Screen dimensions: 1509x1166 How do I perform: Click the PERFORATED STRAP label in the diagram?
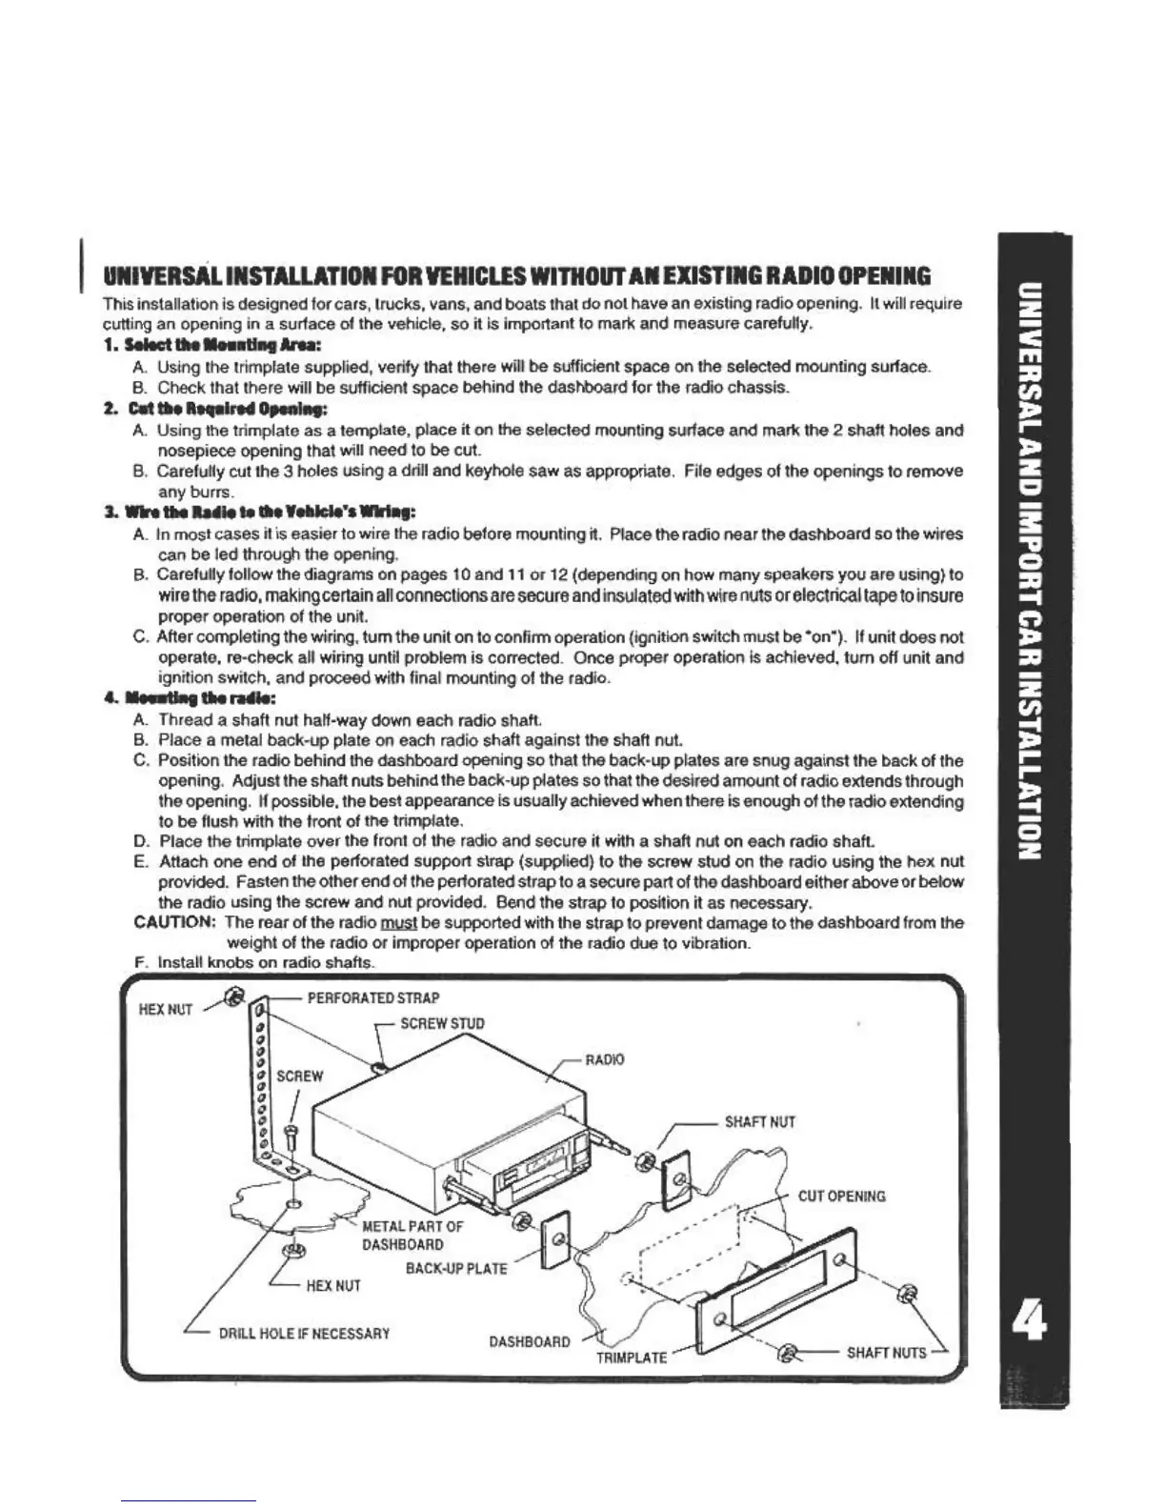click(372, 998)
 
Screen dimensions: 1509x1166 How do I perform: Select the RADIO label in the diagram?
click(604, 1059)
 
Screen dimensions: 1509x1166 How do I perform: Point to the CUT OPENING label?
click(841, 1196)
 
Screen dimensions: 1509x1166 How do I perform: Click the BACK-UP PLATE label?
click(456, 1269)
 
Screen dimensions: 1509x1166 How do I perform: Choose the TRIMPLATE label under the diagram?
click(631, 1357)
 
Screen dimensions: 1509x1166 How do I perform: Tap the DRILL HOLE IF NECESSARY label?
click(304, 1333)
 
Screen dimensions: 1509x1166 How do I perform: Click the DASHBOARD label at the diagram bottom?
click(530, 1341)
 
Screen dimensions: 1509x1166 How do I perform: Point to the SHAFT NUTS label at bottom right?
click(886, 1352)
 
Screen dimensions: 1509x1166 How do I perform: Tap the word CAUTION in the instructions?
click(176, 923)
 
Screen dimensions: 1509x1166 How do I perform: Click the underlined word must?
click(394, 923)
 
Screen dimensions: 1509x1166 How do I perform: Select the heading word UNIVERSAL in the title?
click(168, 277)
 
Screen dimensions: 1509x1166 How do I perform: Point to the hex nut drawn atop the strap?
click(232, 996)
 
